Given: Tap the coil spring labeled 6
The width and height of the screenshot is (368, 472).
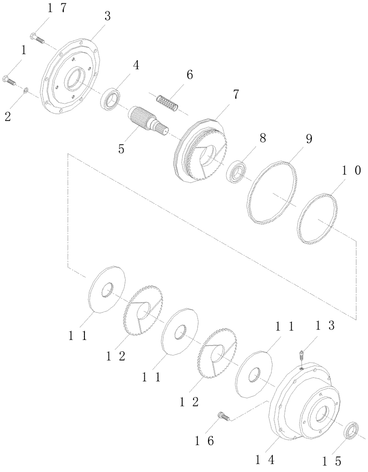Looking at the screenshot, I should pyautogui.click(x=167, y=104).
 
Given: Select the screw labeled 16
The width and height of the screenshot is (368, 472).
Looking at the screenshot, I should pyautogui.click(x=222, y=416).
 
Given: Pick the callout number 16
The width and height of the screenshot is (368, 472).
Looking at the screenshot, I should pyautogui.click(x=204, y=441).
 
